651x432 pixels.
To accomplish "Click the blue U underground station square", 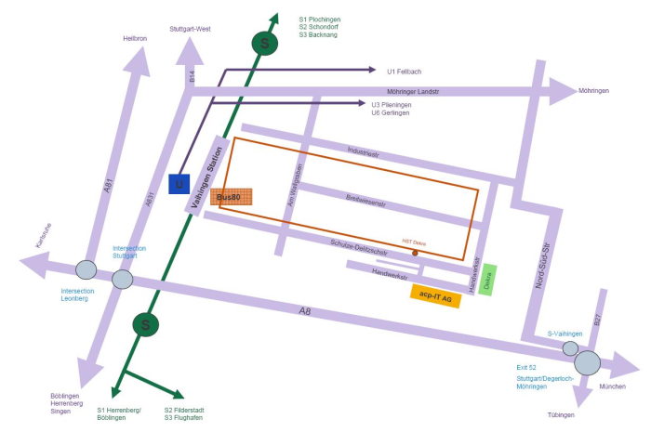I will pos(179,184).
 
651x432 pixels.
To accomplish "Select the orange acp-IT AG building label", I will pos(435,295).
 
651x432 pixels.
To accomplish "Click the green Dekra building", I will pos(488,280).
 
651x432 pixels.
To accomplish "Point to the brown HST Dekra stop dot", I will pos(415,252).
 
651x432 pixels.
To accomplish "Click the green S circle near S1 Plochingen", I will pos(267,43).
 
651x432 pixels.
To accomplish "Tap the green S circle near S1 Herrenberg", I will pos(144,324).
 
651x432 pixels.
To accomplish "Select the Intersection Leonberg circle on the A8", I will pos(86,270).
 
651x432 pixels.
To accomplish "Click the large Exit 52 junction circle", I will pos(587,362).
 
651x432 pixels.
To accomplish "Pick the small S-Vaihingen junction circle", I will pos(570,347).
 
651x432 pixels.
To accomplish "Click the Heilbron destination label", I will pos(136,38).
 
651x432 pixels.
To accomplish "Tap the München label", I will pos(613,386).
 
